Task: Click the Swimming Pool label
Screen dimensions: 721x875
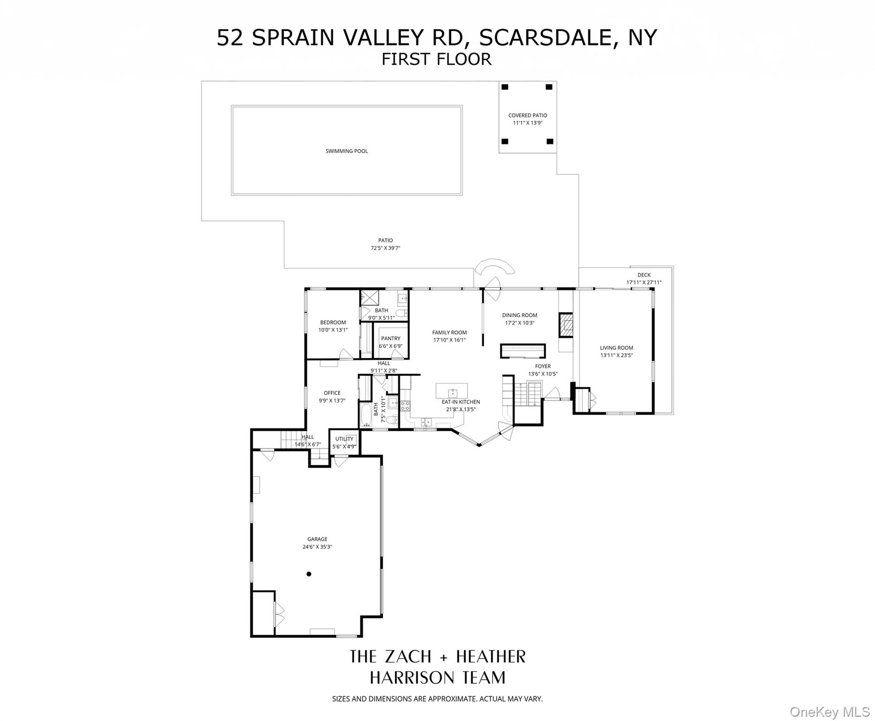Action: (x=346, y=151)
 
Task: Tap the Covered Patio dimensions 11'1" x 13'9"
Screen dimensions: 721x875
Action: (x=527, y=123)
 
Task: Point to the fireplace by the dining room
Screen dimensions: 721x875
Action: (x=565, y=325)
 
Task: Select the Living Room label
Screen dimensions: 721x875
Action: (x=616, y=348)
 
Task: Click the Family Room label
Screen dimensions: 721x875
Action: (x=449, y=332)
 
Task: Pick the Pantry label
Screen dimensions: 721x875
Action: (x=390, y=338)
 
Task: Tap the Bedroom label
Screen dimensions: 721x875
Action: (x=333, y=322)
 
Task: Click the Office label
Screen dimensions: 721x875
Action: (x=332, y=393)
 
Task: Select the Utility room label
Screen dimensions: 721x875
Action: (x=344, y=439)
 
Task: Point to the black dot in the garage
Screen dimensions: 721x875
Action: (x=309, y=574)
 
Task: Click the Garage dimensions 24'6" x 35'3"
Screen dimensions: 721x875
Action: (x=317, y=547)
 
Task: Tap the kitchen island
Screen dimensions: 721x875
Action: (x=451, y=391)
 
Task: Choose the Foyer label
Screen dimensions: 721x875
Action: (x=543, y=366)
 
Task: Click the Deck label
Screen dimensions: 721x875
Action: (x=644, y=275)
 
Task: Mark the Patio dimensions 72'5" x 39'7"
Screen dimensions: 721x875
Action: (x=385, y=248)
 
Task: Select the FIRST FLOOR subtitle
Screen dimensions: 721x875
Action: (x=436, y=59)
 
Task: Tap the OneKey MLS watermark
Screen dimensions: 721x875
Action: (x=829, y=712)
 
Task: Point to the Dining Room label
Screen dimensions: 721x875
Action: (x=519, y=315)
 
